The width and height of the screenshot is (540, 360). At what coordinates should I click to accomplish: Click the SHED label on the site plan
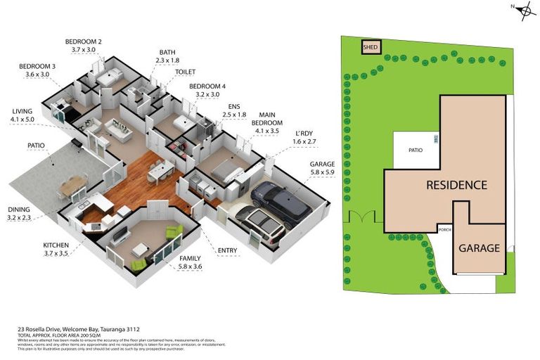point(371,48)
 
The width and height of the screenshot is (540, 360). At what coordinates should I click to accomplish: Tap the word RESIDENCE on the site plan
point(456,186)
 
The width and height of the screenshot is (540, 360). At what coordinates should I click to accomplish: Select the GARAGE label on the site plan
point(480,248)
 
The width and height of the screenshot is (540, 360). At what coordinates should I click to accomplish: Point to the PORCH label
point(444,230)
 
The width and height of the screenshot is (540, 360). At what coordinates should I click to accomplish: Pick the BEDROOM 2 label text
point(84,46)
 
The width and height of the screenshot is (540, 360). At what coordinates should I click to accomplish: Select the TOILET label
point(185,72)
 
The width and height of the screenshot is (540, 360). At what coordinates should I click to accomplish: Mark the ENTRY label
point(228,250)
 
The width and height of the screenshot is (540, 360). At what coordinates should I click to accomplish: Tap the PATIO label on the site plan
point(416,150)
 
